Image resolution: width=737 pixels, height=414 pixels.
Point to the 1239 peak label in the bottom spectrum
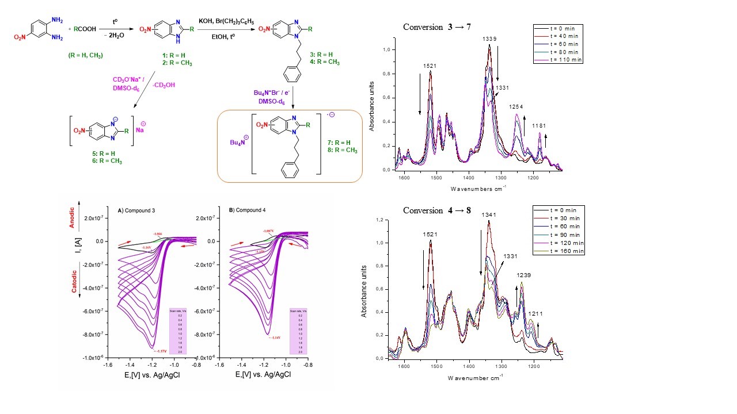pyautogui.click(x=523, y=275)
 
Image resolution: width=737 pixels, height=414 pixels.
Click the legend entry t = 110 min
pyautogui.click(x=562, y=60)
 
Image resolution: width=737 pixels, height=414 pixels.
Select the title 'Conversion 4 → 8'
pyautogui.click(x=437, y=210)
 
